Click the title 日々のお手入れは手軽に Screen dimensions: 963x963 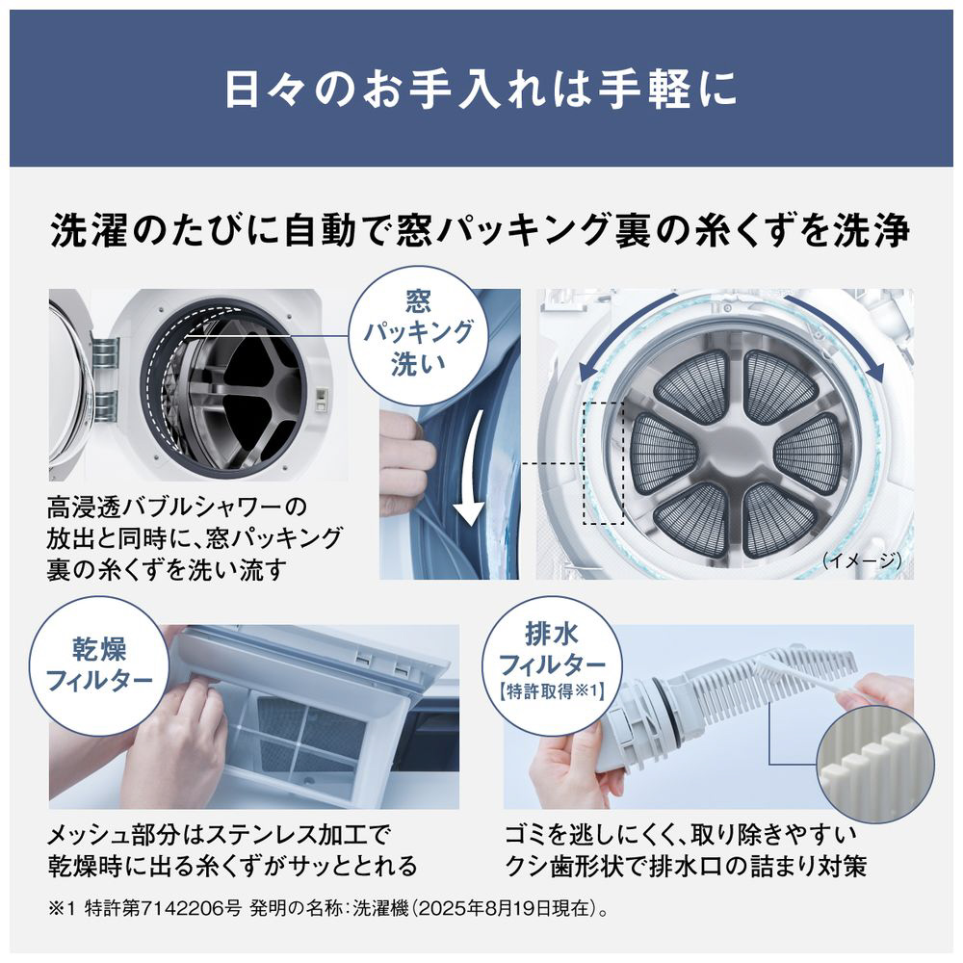[481, 89]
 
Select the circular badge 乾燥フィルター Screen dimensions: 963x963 [99, 665]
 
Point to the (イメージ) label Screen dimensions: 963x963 [862, 560]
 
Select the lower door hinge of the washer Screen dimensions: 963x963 [103, 406]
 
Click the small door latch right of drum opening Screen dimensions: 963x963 [321, 399]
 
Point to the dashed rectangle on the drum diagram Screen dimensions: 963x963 [603, 464]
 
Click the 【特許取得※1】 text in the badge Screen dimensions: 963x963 [552, 691]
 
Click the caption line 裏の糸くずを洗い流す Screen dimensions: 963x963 [167, 569]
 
